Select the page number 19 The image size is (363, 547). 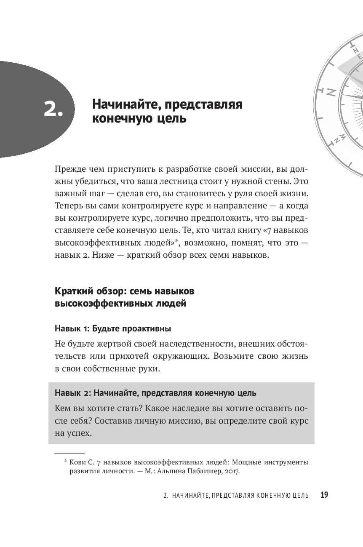click(x=324, y=495)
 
